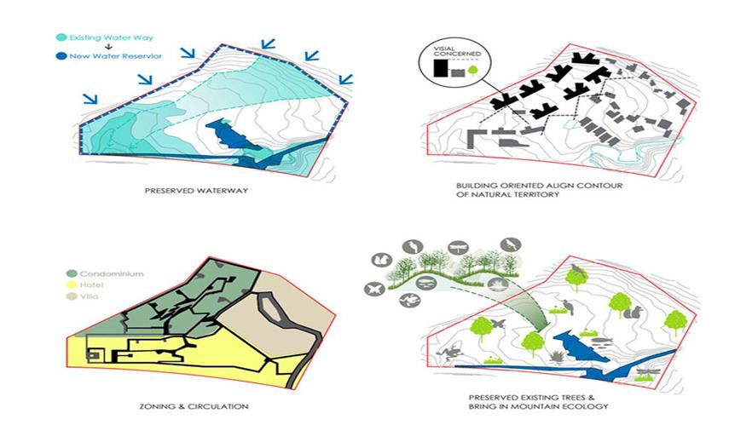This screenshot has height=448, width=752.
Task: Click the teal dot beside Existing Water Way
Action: (x=61, y=37)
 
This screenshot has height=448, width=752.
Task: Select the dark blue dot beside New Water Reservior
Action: (x=61, y=56)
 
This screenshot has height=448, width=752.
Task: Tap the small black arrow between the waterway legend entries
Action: (x=109, y=47)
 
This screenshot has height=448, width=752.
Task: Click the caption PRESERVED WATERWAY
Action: (x=196, y=191)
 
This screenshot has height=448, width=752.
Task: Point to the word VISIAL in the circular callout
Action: (x=443, y=49)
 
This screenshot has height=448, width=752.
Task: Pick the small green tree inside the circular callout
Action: (x=473, y=71)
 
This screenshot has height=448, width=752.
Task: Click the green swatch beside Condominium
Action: (x=71, y=274)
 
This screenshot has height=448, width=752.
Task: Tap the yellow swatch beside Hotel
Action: (x=71, y=285)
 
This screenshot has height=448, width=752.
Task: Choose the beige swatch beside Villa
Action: (x=71, y=296)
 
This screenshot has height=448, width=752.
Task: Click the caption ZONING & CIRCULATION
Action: (x=194, y=406)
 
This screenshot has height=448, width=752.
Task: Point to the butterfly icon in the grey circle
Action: (x=374, y=289)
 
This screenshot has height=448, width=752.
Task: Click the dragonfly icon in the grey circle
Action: (x=459, y=248)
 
